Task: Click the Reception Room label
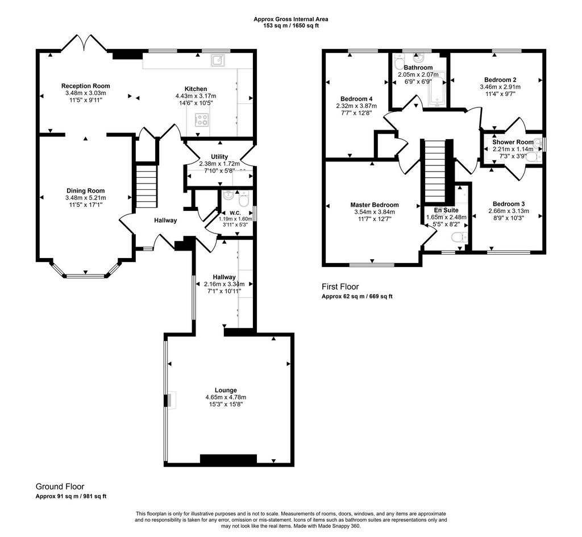[x=86, y=86]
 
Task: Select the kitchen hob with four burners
[x=202, y=120]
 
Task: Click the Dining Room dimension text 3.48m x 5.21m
[x=86, y=198]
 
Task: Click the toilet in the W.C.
[x=243, y=200]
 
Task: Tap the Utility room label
[x=219, y=157]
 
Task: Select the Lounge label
[x=226, y=390]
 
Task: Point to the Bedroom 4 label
[x=356, y=99]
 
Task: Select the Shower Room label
[x=513, y=142]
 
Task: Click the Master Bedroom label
[x=375, y=205]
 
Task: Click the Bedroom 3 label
[x=509, y=204]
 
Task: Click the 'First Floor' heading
[x=340, y=286]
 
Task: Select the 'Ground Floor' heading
[x=60, y=486]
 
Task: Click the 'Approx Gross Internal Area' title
[x=290, y=19]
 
